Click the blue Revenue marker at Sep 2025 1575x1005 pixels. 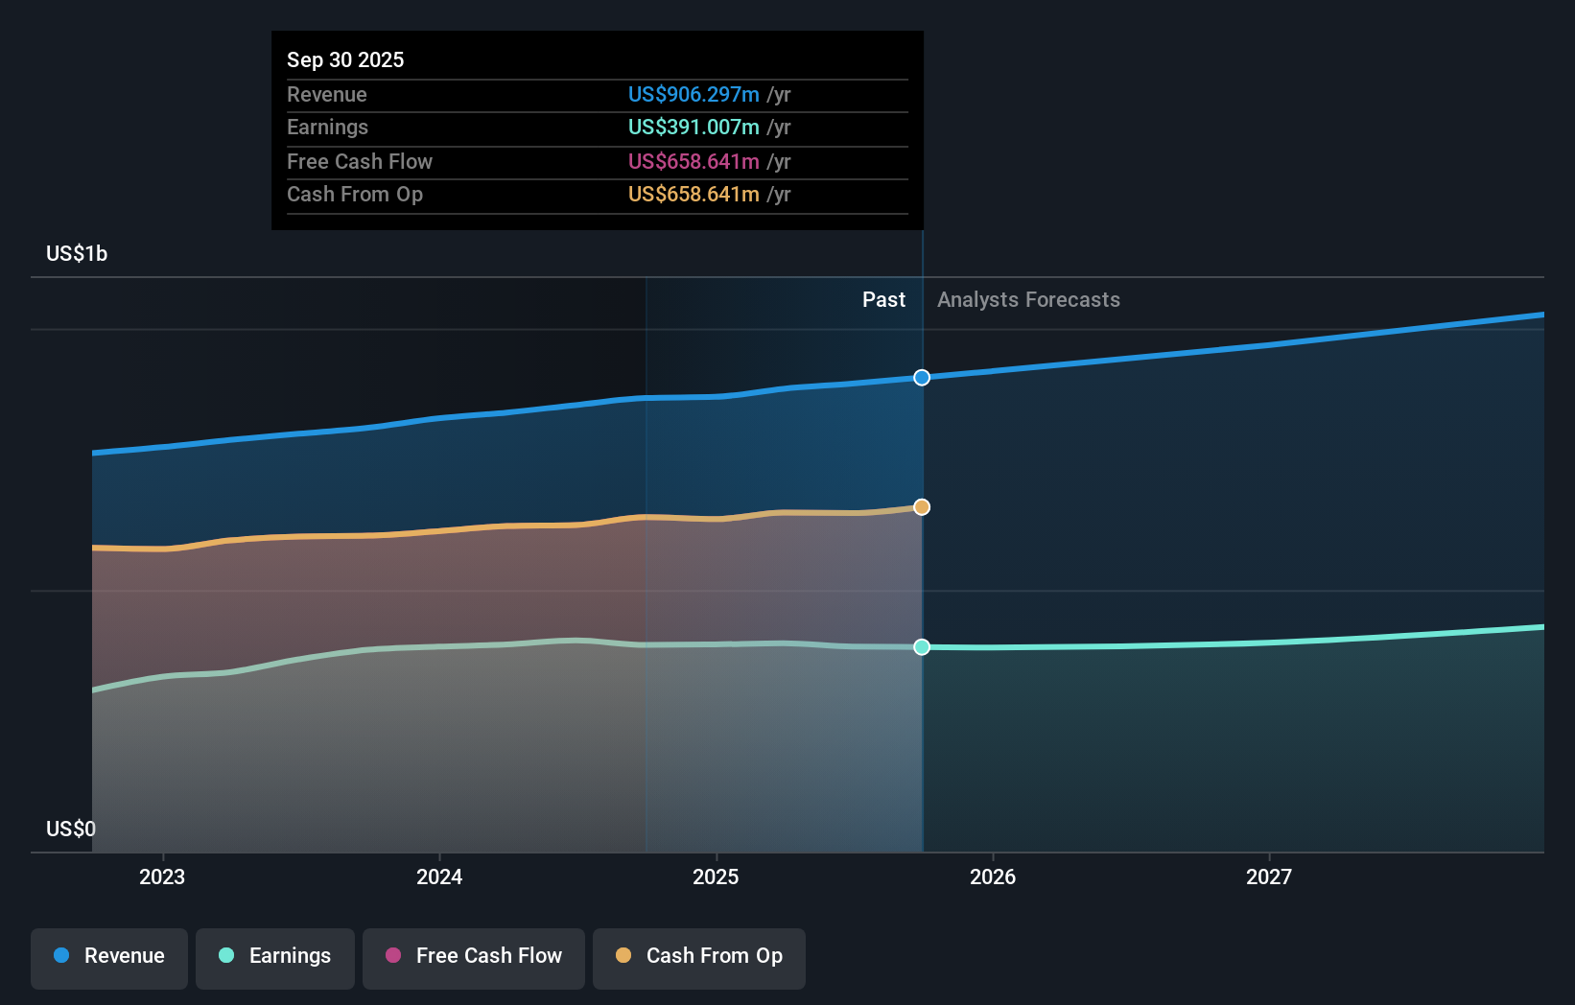922,378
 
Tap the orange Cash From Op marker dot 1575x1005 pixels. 922,507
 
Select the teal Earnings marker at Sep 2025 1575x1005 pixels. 922,647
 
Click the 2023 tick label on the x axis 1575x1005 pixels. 162,876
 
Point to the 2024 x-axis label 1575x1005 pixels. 439,876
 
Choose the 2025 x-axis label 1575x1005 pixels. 716,876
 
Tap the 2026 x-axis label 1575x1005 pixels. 993,876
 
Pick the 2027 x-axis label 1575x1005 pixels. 1269,876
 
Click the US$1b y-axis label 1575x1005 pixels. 77,254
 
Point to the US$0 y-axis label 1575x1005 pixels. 71,829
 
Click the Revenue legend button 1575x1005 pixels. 109,957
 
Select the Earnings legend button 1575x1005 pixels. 275,957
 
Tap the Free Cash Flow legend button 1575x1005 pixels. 474,957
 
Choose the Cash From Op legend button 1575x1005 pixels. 699,957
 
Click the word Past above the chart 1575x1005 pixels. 883,300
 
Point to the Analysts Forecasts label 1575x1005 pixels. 1028,300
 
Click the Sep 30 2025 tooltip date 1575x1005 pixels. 345,59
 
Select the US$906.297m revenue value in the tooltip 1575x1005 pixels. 693,95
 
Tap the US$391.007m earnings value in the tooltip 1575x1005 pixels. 693,128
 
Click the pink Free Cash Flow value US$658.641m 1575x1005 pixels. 693,162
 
